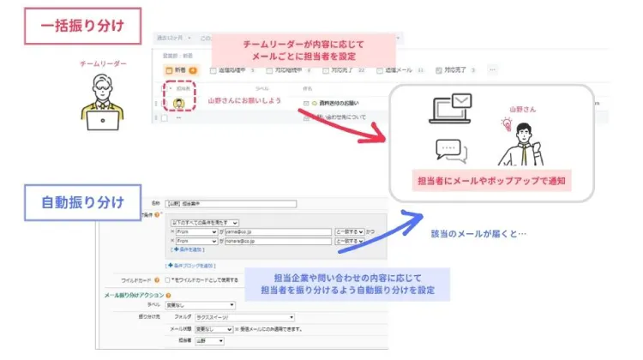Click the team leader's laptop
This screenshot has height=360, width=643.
(x=104, y=120)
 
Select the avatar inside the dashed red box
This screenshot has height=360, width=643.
(x=179, y=102)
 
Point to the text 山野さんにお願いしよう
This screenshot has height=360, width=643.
(x=244, y=100)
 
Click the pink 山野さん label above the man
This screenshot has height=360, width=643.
(x=522, y=109)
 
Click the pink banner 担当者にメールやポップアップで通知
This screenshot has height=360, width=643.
(x=490, y=181)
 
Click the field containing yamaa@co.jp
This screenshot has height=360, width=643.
(x=277, y=231)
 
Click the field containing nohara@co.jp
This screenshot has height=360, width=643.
(x=277, y=242)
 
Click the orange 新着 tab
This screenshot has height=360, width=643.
(x=180, y=70)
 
